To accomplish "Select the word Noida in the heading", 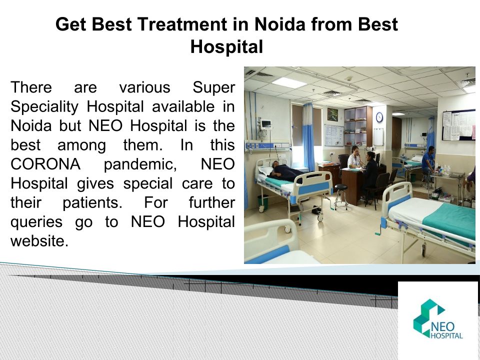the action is [280, 24].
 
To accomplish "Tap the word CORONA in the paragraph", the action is [45, 164].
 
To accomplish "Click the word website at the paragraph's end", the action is [39, 240].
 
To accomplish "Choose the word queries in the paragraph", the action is [36, 222].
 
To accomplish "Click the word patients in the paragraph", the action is [92, 203].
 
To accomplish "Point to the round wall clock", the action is [379, 117].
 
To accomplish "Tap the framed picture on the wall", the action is [332, 114].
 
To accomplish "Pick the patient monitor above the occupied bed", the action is [266, 124].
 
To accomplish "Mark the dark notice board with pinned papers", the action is [458, 125].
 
